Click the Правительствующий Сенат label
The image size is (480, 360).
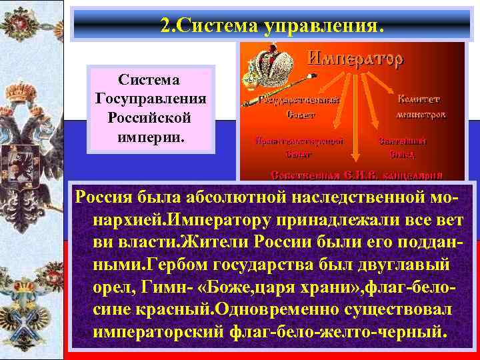299,147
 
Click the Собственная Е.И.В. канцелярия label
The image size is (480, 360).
356,175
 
